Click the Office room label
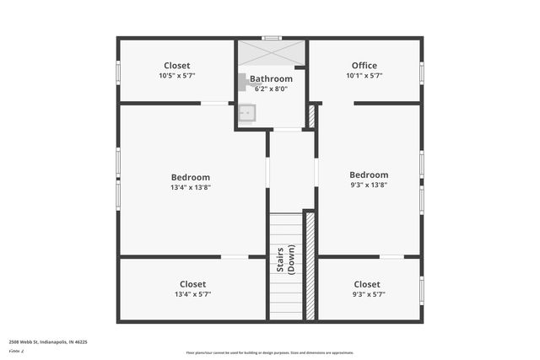tap(364, 66)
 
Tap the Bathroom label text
tap(271, 78)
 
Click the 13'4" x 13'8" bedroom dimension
tap(191, 187)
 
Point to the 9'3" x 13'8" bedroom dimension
tap(369, 185)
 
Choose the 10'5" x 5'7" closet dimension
tap(176, 76)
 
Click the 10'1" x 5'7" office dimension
tap(364, 76)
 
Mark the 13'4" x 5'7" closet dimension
tap(192, 294)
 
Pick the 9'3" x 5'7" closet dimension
tap(366, 294)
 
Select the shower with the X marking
tap(270, 52)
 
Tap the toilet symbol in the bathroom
tap(242, 82)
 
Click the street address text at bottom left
tap(48, 342)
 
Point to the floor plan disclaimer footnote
tap(270, 353)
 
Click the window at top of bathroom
tap(271, 38)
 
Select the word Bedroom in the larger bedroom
tap(191, 177)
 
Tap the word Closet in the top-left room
tap(176, 66)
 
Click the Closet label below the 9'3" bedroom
tap(366, 284)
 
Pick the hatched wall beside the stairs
tap(309, 266)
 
